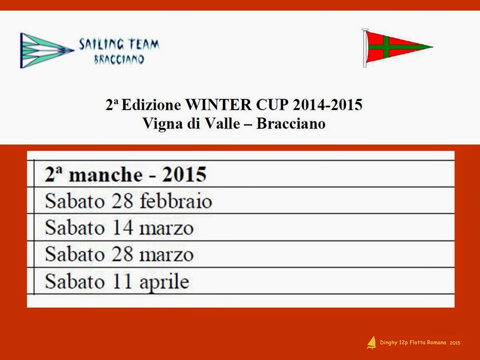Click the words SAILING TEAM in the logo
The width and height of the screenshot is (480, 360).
(119, 44)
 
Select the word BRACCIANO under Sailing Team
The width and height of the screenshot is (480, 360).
(119, 59)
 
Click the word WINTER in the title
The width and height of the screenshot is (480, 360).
(219, 105)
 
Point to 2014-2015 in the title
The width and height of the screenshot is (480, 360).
(328, 105)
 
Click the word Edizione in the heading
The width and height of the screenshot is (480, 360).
(151, 105)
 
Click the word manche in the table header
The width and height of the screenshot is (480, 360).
(106, 175)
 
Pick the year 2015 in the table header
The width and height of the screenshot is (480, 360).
(184, 175)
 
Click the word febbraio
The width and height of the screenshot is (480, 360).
(176, 201)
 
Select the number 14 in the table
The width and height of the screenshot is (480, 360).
(122, 228)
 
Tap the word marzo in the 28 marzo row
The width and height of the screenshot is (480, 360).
(166, 255)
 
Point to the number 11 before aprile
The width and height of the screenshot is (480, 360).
(122, 282)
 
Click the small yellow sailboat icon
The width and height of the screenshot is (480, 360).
(372, 343)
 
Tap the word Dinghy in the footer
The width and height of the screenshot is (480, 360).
(388, 343)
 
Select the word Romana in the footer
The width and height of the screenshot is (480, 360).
(436, 343)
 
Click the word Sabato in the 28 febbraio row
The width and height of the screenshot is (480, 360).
(75, 201)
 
